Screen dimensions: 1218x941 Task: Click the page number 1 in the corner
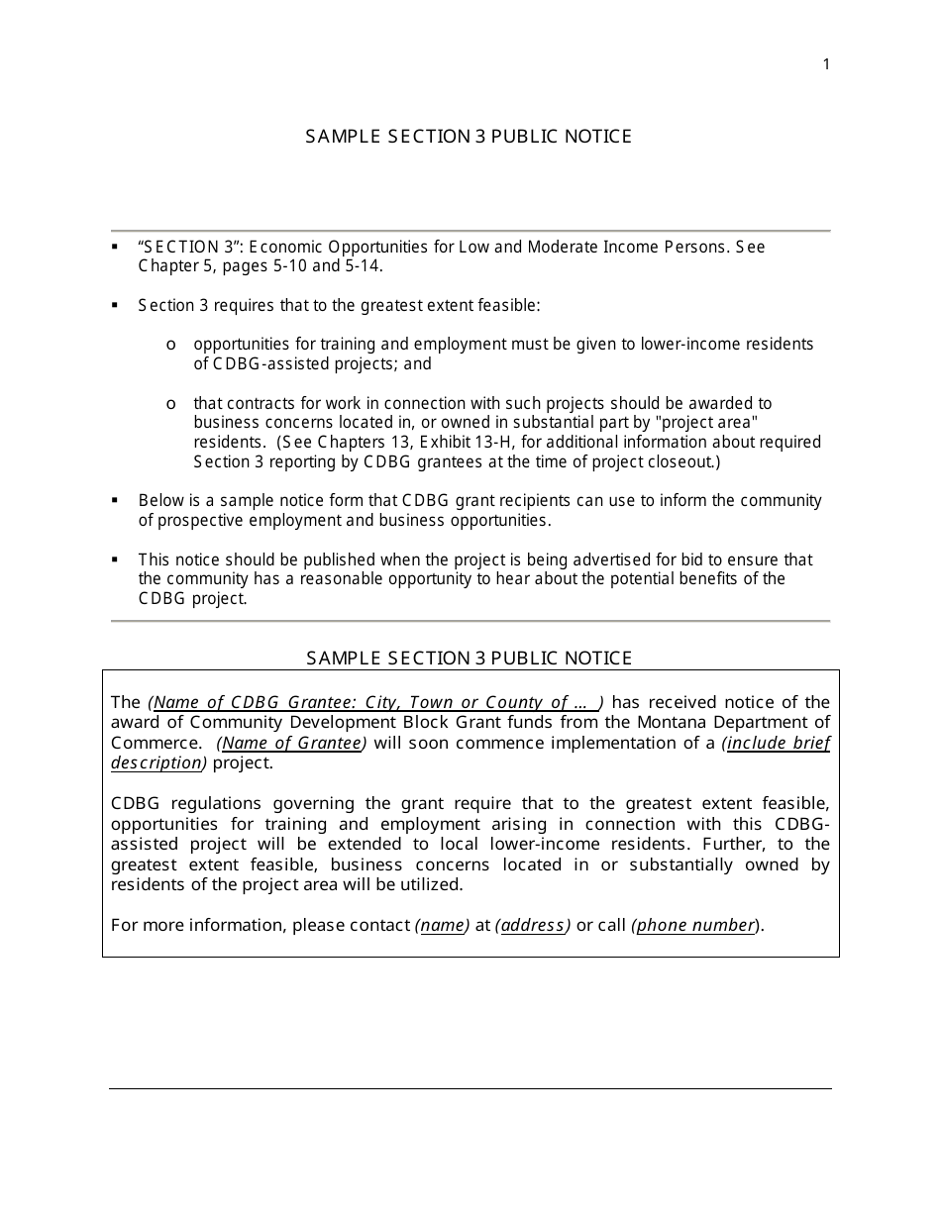pos(826,65)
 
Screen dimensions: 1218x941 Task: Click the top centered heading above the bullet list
pos(469,137)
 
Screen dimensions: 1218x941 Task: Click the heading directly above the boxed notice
pos(469,658)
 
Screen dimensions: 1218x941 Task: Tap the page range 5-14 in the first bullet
pos(361,266)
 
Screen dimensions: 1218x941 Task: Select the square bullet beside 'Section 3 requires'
pos(116,305)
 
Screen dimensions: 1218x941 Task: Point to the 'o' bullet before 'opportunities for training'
pos(171,345)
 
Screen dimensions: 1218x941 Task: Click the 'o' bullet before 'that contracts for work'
pos(171,404)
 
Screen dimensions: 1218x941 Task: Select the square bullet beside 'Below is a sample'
pos(116,501)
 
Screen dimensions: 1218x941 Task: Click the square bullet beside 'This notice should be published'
pos(116,559)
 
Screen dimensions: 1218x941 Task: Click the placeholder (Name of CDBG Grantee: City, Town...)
pos(375,703)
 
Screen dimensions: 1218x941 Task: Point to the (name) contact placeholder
pos(442,926)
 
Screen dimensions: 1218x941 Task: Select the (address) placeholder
pos(533,926)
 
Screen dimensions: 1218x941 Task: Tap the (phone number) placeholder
pos(695,926)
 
